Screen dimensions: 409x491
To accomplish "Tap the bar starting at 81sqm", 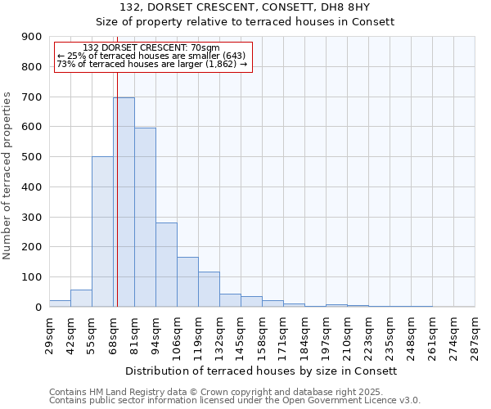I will tap(145, 217).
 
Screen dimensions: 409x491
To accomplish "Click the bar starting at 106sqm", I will tap(187, 281).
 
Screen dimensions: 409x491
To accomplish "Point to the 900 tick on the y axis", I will tap(33, 37).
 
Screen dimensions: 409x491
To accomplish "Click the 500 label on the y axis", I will tap(33, 157).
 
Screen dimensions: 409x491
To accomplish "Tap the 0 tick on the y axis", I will tap(38, 307).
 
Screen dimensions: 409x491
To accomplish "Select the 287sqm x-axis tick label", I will tap(475, 335).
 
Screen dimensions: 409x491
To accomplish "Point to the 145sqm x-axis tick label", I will tap(241, 335).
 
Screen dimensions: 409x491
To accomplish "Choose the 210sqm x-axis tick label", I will tap(348, 335).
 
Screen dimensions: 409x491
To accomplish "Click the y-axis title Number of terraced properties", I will tap(8, 176).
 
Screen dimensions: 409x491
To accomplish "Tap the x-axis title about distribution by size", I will tap(263, 371).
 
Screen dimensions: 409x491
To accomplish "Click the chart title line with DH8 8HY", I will tap(245, 7).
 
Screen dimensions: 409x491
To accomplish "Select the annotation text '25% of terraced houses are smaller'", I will tap(151, 56).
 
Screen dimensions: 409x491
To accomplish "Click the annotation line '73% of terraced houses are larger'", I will tap(151, 64).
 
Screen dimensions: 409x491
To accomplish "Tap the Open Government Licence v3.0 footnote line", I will tap(234, 401).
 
